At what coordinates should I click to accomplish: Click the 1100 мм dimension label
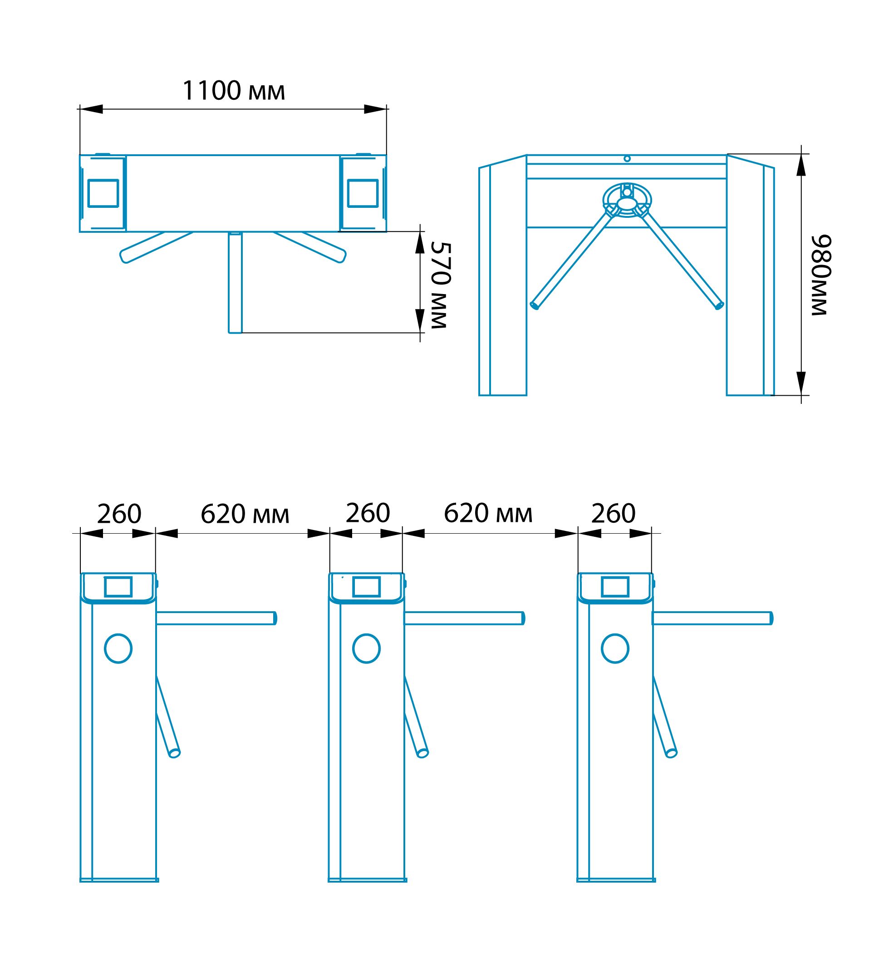pyautogui.click(x=233, y=91)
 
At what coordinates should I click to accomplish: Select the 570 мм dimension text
pyautogui.click(x=440, y=285)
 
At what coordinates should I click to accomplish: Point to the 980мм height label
pyautogui.click(x=820, y=275)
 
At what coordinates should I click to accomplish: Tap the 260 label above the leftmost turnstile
pyautogui.click(x=119, y=514)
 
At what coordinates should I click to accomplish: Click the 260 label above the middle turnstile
pyautogui.click(x=368, y=513)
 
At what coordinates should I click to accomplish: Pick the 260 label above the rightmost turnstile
pyautogui.click(x=614, y=513)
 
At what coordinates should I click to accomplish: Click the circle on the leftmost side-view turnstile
pyautogui.click(x=118, y=648)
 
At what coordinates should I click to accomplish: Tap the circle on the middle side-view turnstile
pyautogui.click(x=367, y=648)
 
